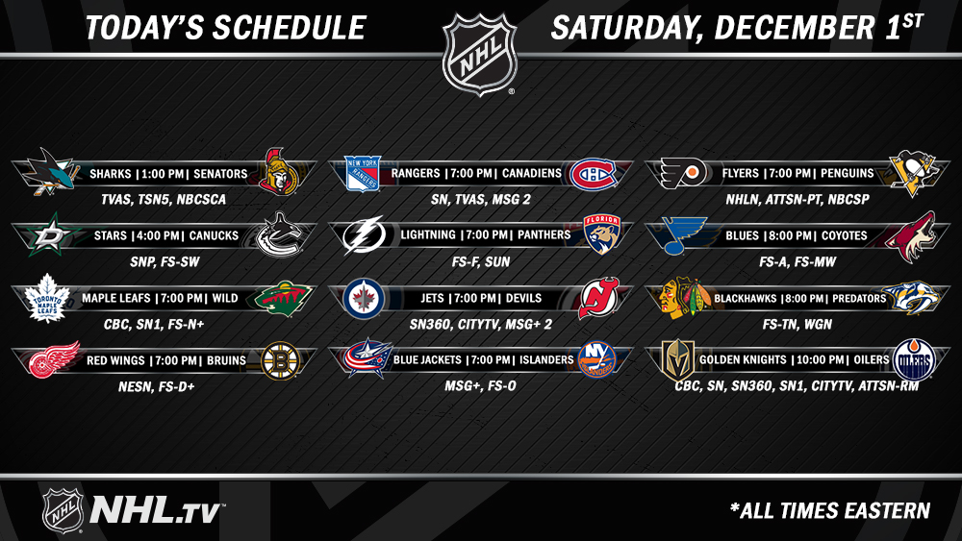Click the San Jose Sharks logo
tap(49, 172)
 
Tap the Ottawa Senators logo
tap(278, 172)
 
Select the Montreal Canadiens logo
tap(593, 175)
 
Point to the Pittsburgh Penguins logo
tap(913, 173)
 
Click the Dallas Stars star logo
tap(51, 234)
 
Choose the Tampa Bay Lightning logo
tap(365, 235)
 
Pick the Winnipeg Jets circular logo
tap(364, 299)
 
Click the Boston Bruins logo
tap(280, 361)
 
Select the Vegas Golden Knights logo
tap(678, 360)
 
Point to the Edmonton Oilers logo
tap(914, 359)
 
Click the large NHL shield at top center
tap(480, 54)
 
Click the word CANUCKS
tap(215, 235)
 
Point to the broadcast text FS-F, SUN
tap(481, 262)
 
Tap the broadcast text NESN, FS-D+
tap(157, 386)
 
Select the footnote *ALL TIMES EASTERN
tap(830, 510)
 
